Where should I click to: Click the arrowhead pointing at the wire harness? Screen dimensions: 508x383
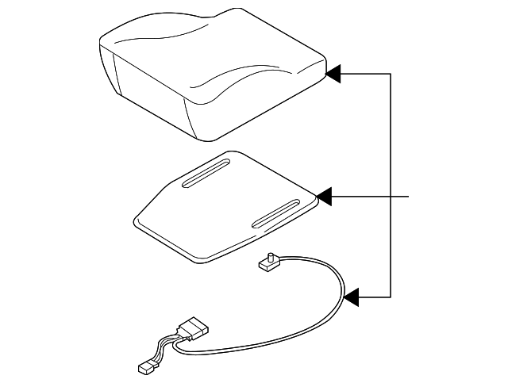[352, 297]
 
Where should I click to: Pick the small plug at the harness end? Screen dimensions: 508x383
[146, 368]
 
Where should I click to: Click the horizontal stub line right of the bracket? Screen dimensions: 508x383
[401, 195]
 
